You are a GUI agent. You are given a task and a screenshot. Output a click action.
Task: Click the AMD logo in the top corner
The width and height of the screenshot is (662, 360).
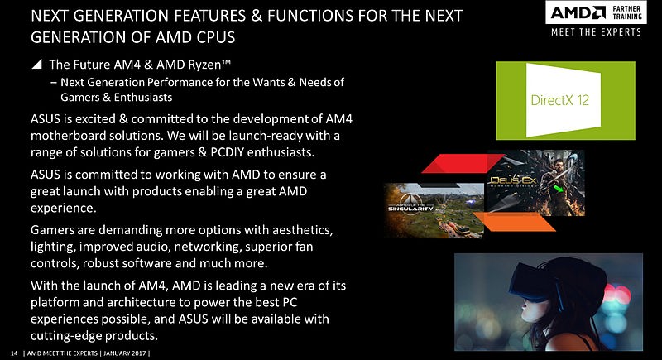[x=578, y=12]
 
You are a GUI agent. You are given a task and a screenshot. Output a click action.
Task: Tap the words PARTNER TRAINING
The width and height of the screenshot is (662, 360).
[x=627, y=12]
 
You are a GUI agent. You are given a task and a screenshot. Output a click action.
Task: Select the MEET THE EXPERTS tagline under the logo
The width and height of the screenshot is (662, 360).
[x=596, y=32]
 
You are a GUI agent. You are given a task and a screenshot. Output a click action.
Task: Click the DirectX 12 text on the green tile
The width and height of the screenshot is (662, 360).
[x=560, y=100]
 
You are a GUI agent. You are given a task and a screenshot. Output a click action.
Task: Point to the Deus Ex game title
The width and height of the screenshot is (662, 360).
[x=513, y=181]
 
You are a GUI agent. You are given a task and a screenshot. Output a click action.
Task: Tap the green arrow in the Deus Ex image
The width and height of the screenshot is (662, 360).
[x=559, y=187]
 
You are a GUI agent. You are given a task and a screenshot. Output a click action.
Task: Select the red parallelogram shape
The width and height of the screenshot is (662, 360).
[x=463, y=163]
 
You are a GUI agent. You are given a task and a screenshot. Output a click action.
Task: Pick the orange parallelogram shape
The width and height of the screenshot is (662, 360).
[x=513, y=222]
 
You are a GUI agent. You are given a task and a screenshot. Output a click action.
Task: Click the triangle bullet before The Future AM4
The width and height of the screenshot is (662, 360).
[x=37, y=65]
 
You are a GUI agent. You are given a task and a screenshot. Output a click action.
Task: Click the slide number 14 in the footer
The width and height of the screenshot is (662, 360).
[x=14, y=353]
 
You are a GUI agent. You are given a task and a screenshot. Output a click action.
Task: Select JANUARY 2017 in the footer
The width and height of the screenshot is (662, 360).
[x=125, y=353]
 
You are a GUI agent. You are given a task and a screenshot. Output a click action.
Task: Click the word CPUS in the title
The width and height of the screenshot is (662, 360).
[x=216, y=37]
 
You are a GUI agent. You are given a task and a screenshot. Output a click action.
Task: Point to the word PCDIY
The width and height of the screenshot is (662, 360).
[x=227, y=152]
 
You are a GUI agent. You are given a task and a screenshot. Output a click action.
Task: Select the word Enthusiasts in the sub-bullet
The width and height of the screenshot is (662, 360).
[x=143, y=97]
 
